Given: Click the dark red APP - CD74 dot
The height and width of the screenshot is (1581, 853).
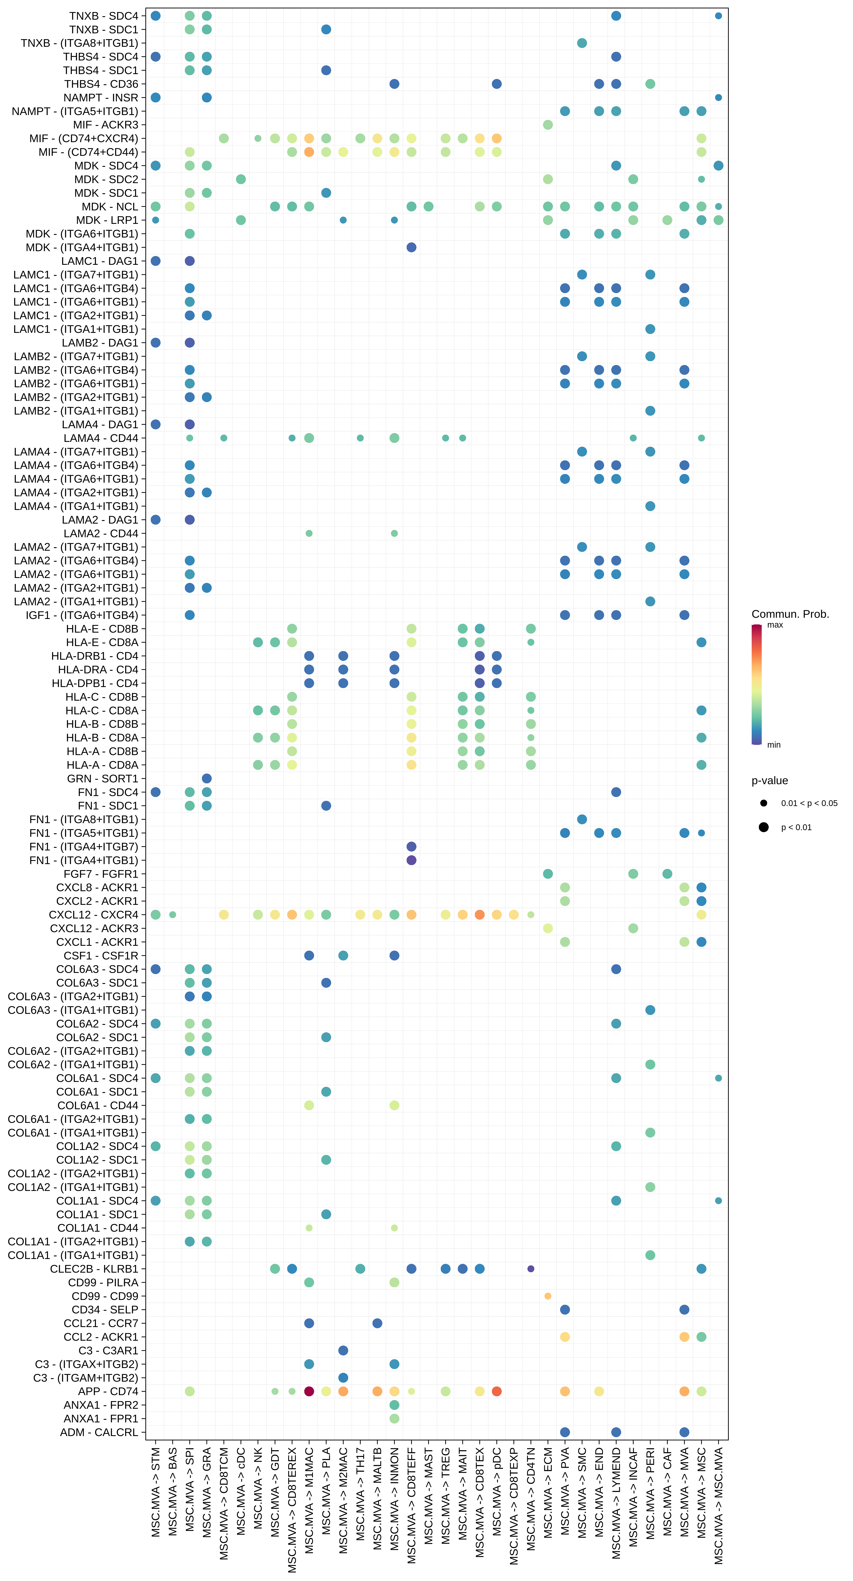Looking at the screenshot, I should (x=309, y=1391).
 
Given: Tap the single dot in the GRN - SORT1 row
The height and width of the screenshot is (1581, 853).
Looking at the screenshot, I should (x=207, y=778).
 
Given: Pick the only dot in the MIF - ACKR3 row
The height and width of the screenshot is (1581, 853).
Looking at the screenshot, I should (x=548, y=125).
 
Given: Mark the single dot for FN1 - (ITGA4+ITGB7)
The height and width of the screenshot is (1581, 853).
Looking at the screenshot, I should (x=412, y=846).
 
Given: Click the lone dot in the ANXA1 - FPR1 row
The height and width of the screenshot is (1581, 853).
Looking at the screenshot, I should (x=395, y=1418).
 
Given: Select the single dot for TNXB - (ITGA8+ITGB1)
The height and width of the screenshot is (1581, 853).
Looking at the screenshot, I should (x=582, y=43).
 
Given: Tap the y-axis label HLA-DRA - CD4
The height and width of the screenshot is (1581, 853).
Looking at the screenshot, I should (x=98, y=670).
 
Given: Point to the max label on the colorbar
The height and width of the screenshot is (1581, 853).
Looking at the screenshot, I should (x=775, y=625).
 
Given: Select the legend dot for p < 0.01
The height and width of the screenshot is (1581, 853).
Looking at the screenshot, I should (x=763, y=827).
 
